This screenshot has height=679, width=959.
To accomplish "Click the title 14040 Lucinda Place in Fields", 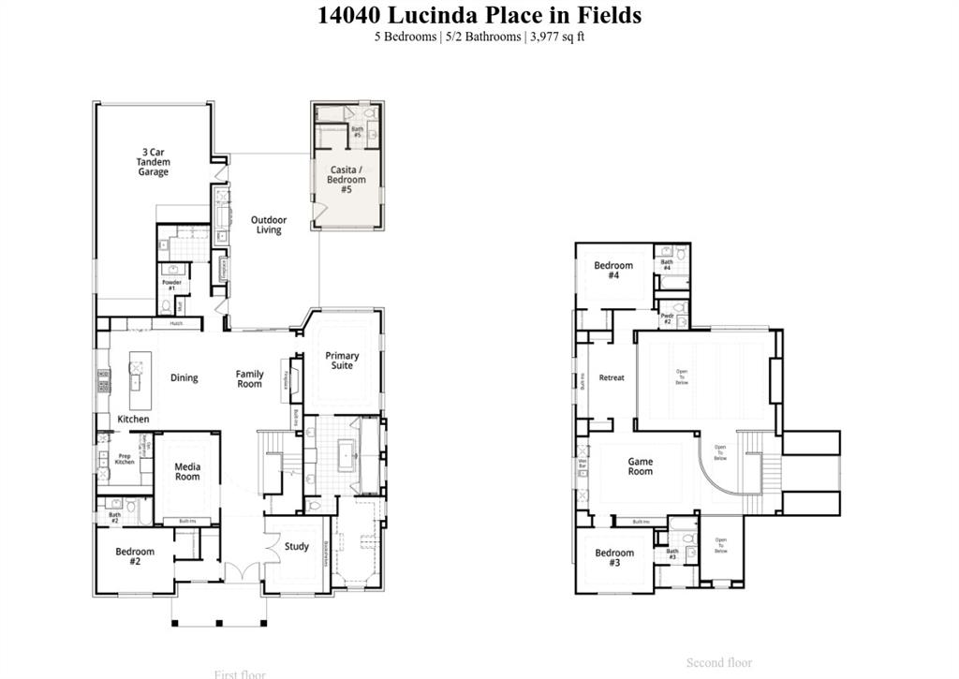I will [x=479, y=15].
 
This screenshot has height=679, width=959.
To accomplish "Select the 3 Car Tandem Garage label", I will [x=154, y=162].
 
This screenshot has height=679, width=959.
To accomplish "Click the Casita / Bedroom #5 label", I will [x=347, y=180].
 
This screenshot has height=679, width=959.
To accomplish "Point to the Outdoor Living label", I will [x=269, y=225].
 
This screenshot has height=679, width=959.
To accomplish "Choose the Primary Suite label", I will [x=342, y=361].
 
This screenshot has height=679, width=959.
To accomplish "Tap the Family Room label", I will [x=249, y=379].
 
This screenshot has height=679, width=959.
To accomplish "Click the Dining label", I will [x=184, y=378].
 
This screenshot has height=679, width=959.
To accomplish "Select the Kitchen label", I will [x=133, y=420].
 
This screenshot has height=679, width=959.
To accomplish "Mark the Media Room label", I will [x=187, y=471].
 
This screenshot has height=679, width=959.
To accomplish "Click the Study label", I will [x=297, y=547].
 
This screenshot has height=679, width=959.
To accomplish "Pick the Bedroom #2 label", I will [x=135, y=556].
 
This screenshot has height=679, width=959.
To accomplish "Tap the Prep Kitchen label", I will [x=125, y=459].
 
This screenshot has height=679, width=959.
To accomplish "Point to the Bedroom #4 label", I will [x=613, y=271].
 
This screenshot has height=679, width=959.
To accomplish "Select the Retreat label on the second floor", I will [x=612, y=378].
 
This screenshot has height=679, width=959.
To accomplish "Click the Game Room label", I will [x=640, y=466].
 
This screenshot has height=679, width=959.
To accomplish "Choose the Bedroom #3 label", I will [x=614, y=557].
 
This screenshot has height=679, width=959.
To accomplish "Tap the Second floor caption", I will [x=719, y=663].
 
